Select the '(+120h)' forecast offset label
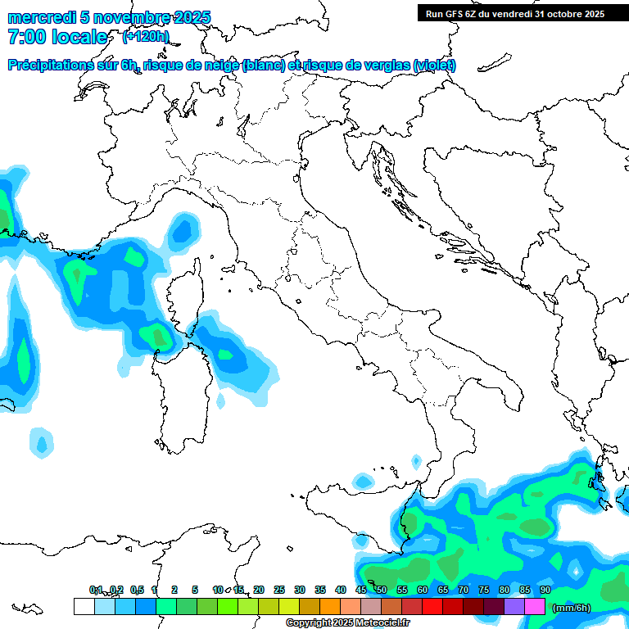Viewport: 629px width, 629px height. [x=146, y=36]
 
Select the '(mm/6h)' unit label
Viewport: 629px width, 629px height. [x=571, y=608]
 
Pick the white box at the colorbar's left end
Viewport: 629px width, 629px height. [x=84, y=607]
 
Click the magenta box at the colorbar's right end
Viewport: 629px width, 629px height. [x=535, y=607]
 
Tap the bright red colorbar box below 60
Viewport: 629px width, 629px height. [x=432, y=607]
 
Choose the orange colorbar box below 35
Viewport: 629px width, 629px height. [x=330, y=607]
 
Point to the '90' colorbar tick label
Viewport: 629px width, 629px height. [x=545, y=590]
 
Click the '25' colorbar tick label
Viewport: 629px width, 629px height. [x=279, y=590]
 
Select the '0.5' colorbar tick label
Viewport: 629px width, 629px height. [x=137, y=590]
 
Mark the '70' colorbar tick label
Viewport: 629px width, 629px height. [x=464, y=590]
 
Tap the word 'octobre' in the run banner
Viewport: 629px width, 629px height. [x=561, y=13]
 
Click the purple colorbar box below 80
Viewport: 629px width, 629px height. [x=514, y=607]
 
